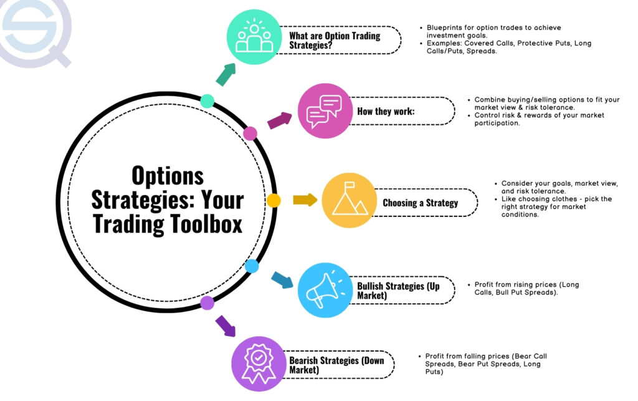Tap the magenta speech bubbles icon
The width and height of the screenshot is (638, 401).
point(325,110)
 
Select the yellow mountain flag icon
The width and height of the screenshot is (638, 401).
point(349,201)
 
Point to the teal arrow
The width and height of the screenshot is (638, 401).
point(226,73)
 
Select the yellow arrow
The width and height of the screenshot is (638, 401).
point(305,200)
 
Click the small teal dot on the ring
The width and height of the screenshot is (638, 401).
point(207,101)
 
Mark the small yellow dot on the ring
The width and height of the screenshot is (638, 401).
point(274,201)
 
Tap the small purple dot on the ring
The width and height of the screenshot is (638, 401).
point(207,303)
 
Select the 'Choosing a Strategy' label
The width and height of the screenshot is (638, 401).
point(420,203)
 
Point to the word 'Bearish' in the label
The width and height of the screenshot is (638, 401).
point(305,360)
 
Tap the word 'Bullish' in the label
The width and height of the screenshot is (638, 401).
point(372,286)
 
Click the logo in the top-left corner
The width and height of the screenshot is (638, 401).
point(34,30)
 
